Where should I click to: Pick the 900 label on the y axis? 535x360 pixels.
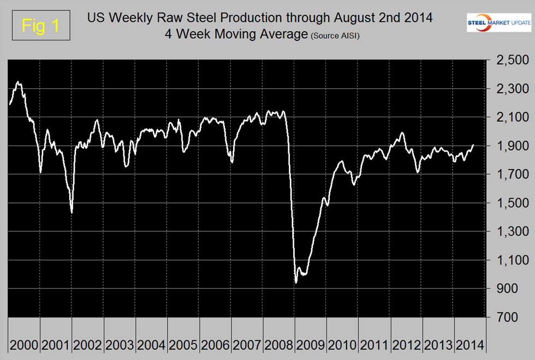point(513,289)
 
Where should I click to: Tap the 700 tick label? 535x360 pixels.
point(513,317)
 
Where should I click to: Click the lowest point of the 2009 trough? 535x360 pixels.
point(296,283)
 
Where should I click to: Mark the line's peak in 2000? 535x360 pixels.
point(19,82)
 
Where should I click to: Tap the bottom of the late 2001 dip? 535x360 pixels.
point(72,212)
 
